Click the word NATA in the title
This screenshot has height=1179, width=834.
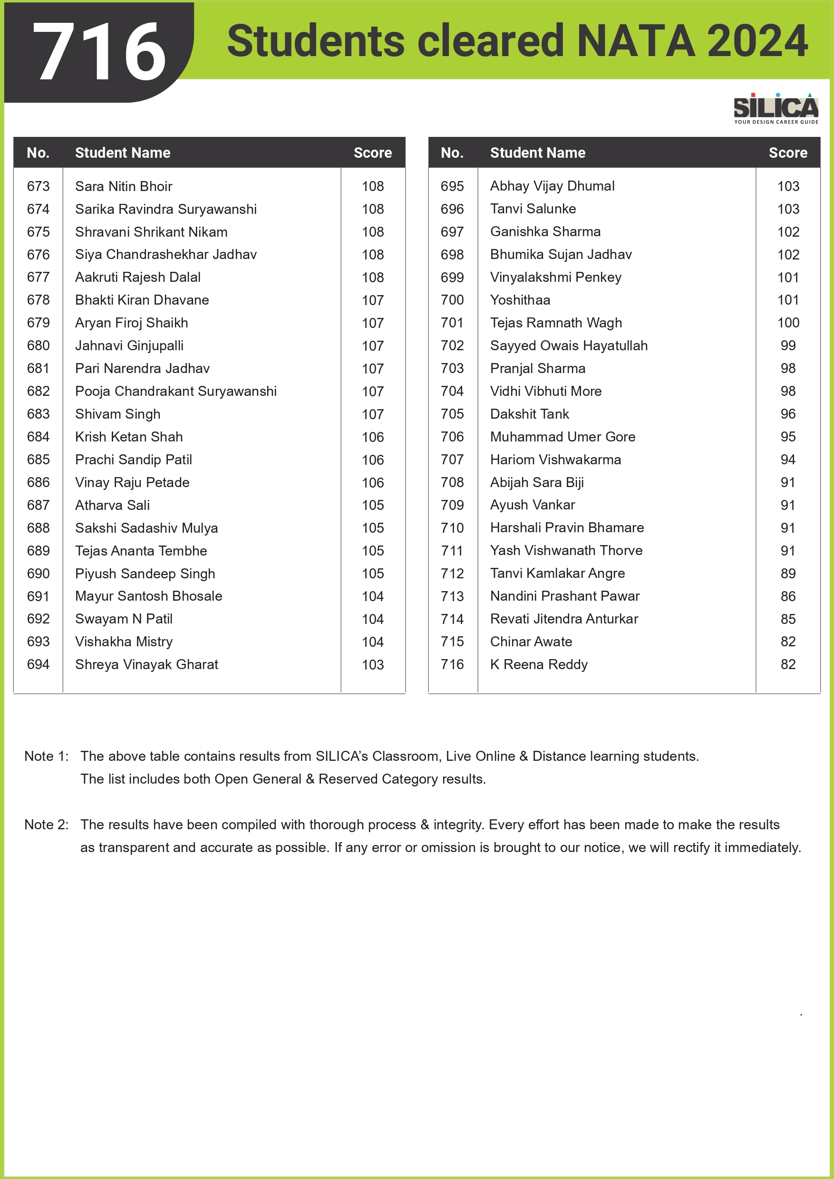coord(636,41)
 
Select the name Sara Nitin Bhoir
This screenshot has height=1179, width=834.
coord(123,186)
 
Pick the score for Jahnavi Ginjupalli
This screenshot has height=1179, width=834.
coord(373,346)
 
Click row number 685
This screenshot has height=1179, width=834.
coord(39,460)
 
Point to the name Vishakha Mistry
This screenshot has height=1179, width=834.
coord(124,642)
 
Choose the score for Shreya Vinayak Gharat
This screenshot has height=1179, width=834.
coord(373,665)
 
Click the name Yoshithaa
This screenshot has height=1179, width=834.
coord(520,300)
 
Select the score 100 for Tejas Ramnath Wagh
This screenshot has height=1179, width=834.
coord(788,323)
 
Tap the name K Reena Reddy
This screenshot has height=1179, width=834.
coord(539,664)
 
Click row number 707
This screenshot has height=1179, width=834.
coord(452,460)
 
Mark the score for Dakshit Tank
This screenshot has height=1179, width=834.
coord(788,414)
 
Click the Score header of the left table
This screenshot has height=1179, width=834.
coord(373,153)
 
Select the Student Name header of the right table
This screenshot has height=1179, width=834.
coord(537,153)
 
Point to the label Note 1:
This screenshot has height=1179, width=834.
coord(46,757)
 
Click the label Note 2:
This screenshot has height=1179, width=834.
coord(46,824)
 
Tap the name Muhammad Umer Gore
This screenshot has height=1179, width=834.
coord(562,437)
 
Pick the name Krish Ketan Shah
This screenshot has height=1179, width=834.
coord(129,437)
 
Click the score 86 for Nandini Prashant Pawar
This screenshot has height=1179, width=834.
coord(788,597)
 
